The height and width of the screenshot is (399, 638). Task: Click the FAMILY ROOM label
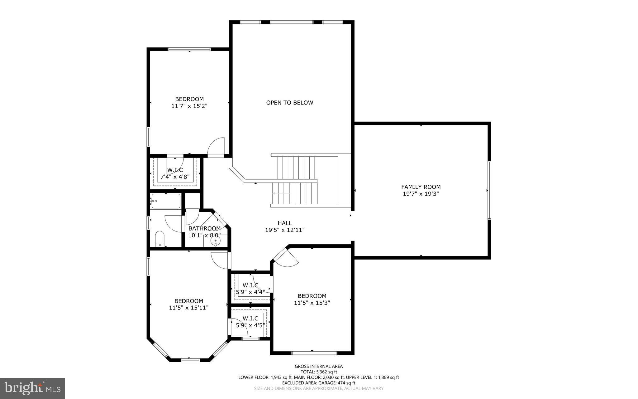[421, 187]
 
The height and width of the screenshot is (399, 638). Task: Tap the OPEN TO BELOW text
[289, 103]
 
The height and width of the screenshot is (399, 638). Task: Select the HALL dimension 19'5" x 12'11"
[284, 230]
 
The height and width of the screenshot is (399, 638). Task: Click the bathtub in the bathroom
[165, 201]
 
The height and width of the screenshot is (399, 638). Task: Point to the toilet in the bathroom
[159, 239]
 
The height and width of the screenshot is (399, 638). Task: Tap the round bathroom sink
[215, 241]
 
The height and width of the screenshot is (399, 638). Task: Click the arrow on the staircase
[280, 193]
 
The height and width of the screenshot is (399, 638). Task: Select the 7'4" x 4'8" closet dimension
[175, 177]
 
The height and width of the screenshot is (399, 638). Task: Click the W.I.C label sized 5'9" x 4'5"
[250, 319]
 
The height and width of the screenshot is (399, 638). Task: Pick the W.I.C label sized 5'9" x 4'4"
[250, 285]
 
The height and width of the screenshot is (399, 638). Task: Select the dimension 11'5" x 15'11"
[188, 308]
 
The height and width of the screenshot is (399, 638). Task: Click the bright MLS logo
[32, 388]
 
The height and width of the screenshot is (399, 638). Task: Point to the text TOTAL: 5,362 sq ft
[319, 372]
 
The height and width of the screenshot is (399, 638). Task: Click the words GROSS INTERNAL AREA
[319, 366]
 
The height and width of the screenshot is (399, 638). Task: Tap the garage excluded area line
[319, 383]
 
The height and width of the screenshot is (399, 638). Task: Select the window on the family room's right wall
[489, 190]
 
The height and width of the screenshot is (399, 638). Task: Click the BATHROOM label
[204, 228]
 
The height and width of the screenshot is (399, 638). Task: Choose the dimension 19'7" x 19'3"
[421, 194]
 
